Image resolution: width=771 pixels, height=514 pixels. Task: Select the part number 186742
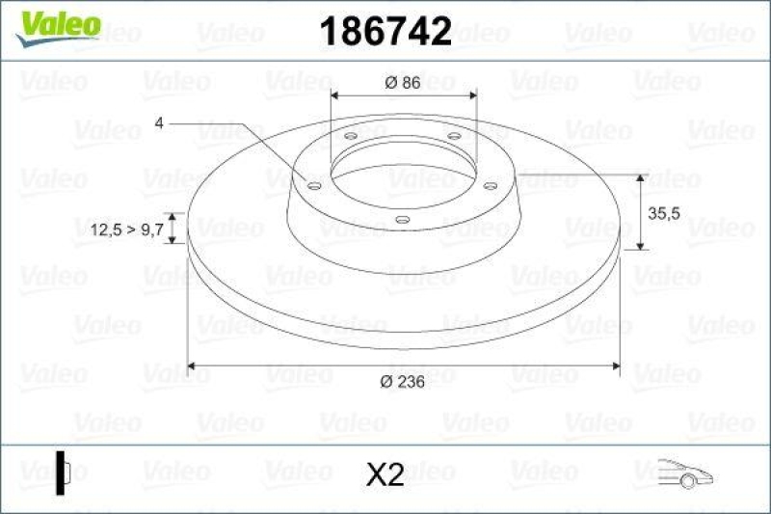(x=385, y=33)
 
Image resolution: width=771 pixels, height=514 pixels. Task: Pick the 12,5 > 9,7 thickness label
(x=125, y=230)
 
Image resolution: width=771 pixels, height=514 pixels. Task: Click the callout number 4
(x=158, y=122)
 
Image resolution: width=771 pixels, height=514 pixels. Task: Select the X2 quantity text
(x=385, y=473)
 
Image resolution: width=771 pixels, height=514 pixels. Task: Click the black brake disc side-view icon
(x=63, y=473)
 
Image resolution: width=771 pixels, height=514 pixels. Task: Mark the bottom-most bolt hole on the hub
(x=402, y=220)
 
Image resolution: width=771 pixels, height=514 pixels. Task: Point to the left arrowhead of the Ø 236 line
(x=192, y=365)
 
